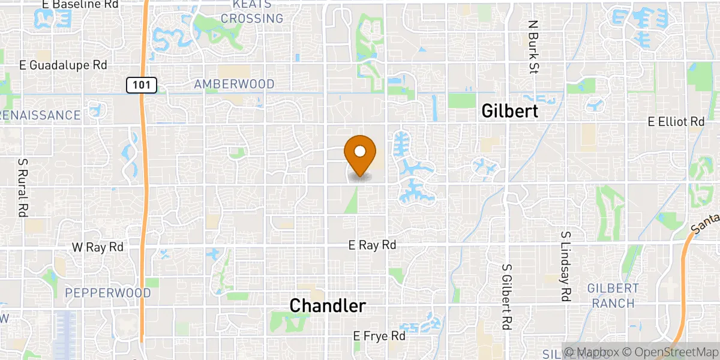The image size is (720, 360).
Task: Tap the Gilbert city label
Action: [510, 111]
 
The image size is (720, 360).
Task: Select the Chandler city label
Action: [328, 305]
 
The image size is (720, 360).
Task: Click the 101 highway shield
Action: [142, 85]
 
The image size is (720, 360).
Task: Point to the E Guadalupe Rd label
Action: [63, 65]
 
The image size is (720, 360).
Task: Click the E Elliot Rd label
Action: [676, 122]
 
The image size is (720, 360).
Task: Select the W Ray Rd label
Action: [98, 247]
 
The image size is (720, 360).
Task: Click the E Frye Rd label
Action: [379, 335]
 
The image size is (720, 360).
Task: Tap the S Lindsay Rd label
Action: [565, 266]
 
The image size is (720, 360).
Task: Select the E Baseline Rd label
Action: [72, 4]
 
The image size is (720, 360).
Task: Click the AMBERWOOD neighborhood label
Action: [234, 85]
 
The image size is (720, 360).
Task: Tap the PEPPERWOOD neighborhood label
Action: [108, 293]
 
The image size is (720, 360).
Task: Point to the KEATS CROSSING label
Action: [252, 12]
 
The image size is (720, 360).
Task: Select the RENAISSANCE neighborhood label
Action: [40, 115]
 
